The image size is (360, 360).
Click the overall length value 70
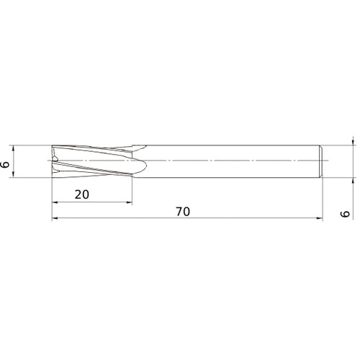(x=184, y=212)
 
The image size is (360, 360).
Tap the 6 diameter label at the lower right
(x=346, y=215)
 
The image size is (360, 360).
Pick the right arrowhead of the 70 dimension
(x=318, y=220)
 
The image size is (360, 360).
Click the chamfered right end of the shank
(x=320, y=161)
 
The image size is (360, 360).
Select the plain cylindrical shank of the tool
(x=230, y=161)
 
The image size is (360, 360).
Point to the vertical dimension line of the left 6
(x=15, y=161)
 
